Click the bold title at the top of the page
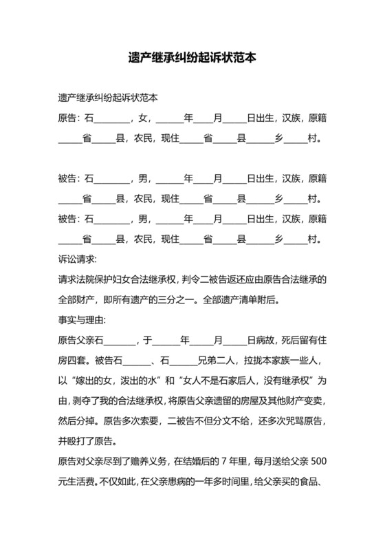click(x=192, y=58)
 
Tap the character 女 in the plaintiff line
click(x=143, y=118)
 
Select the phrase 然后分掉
click(x=78, y=420)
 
